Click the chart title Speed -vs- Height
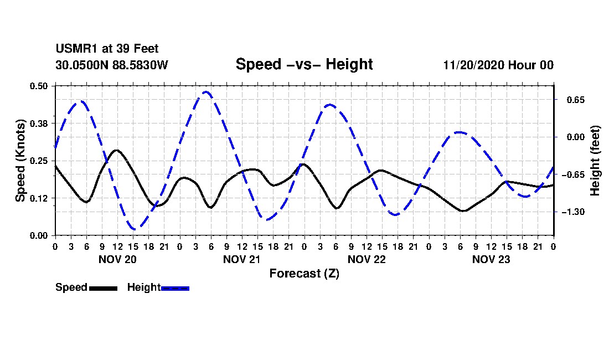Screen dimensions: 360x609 (304, 64)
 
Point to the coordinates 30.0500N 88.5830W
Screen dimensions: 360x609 (111, 65)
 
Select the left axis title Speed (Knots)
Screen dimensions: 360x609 (20, 160)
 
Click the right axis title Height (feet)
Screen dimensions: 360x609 (596, 161)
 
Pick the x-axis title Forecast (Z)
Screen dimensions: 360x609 (304, 273)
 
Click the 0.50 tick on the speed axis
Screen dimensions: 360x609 (39, 86)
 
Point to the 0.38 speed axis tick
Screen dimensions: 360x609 (39, 123)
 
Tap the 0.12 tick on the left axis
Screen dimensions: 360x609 (39, 198)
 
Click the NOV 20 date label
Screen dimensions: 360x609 (117, 259)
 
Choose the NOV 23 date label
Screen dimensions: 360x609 (491, 259)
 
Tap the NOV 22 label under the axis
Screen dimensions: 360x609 (367, 259)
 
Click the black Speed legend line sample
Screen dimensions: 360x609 (103, 288)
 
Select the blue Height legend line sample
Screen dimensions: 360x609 (175, 288)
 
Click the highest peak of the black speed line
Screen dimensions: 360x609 (116, 150)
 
